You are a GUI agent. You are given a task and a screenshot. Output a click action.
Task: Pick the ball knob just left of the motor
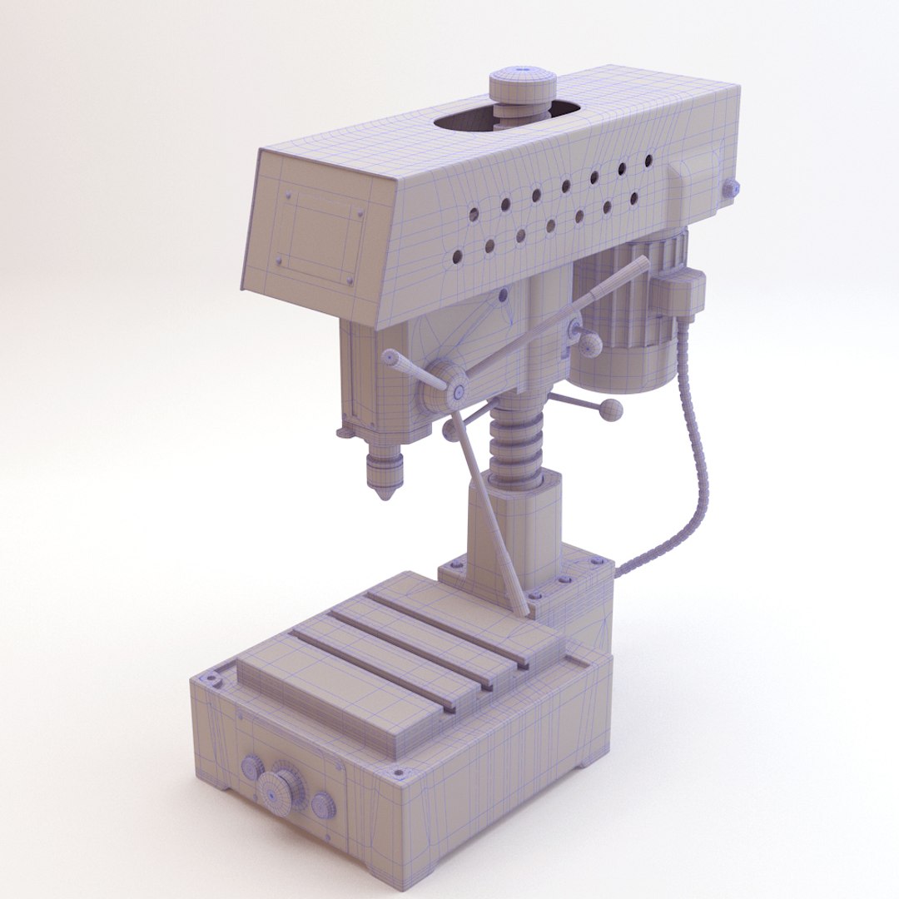pos(590,344)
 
